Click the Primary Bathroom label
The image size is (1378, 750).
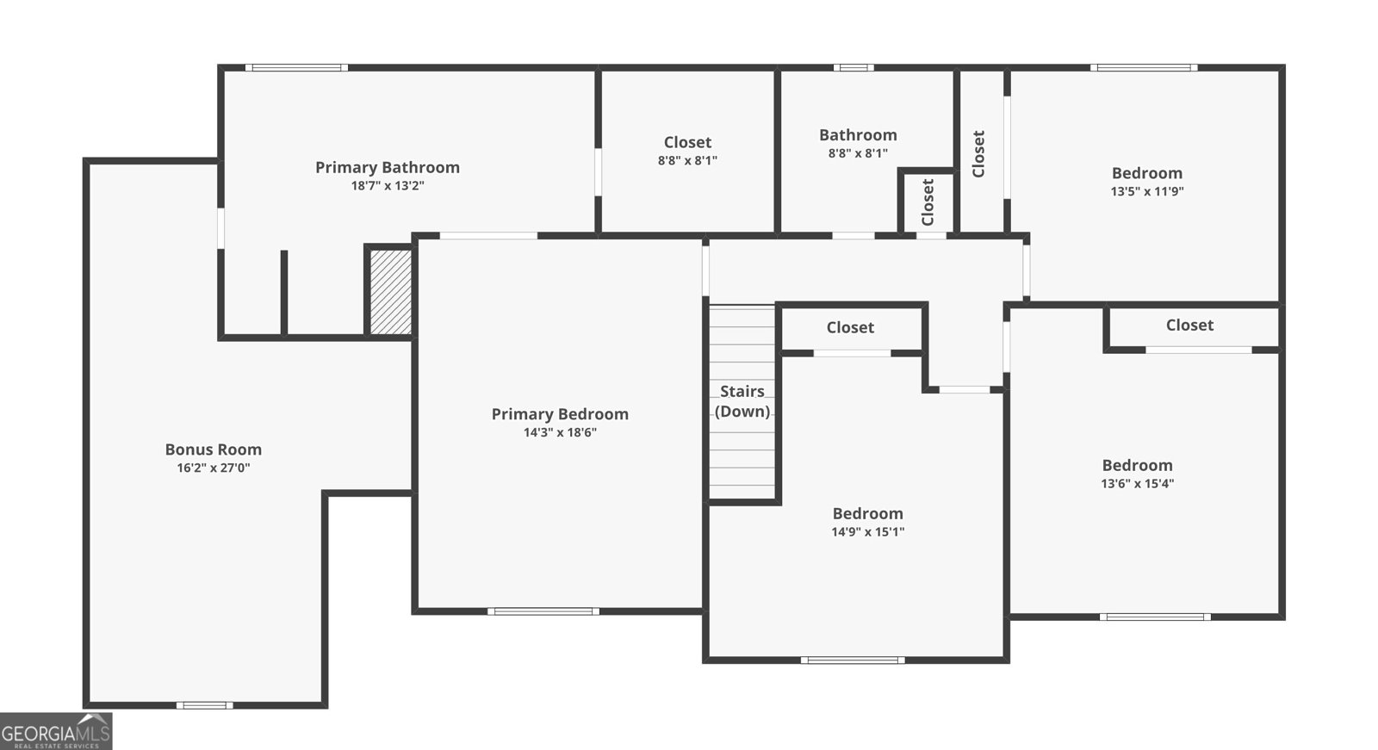(387, 167)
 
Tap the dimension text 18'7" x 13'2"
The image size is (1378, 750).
(387, 186)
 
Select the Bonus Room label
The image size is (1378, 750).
(213, 449)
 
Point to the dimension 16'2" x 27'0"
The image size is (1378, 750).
(213, 468)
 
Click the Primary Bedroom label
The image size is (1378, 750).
(560, 414)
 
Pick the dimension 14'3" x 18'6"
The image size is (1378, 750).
(560, 432)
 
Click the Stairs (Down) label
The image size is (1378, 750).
(742, 401)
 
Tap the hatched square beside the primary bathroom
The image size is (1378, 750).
(390, 292)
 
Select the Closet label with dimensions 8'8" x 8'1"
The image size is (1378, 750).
(687, 142)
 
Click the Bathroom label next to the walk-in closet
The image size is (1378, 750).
(858, 135)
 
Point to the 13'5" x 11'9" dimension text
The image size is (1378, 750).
(1146, 191)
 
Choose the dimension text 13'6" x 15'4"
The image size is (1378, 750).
(1137, 483)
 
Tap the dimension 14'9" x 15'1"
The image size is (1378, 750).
(867, 531)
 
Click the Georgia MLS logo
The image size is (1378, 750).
(56, 732)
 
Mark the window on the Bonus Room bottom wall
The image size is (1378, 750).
(204, 705)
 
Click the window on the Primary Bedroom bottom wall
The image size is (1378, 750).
(543, 611)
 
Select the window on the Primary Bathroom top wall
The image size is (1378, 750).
(296, 67)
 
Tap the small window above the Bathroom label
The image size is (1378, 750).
(853, 67)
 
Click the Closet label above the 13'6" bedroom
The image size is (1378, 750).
(1189, 325)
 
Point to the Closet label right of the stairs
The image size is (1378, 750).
(850, 327)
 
